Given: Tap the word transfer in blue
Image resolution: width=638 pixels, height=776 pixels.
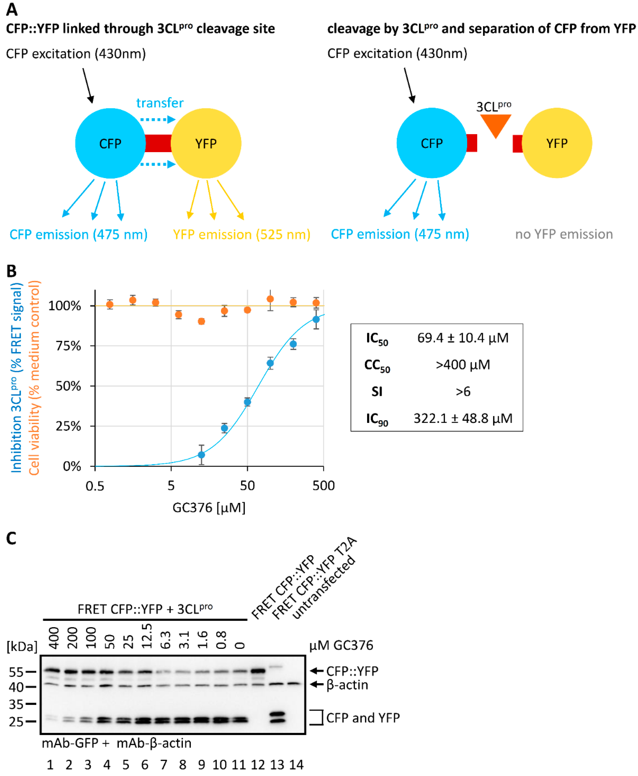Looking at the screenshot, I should pos(160,103).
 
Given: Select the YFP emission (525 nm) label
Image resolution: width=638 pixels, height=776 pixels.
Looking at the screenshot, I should pos(241,234).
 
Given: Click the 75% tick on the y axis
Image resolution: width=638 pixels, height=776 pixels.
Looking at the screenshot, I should pos(68,346).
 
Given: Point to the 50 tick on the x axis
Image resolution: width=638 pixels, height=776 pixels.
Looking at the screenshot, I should pos(247,485).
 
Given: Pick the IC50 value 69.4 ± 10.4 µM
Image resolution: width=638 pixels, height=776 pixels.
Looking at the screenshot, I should pos(463,337).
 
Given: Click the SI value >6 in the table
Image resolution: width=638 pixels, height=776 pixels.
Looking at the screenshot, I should pos(463,391).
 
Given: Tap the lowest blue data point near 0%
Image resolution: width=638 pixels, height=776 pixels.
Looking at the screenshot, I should pos(201,455).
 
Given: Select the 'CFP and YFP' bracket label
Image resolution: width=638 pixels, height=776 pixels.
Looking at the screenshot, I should pos(363,718).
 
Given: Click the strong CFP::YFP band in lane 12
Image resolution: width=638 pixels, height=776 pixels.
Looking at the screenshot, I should pos(258,671).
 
